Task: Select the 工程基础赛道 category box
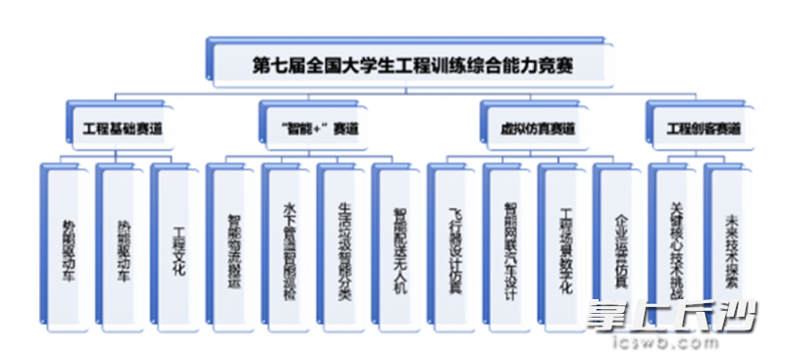click(122, 129)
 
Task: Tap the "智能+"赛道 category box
click(314, 129)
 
